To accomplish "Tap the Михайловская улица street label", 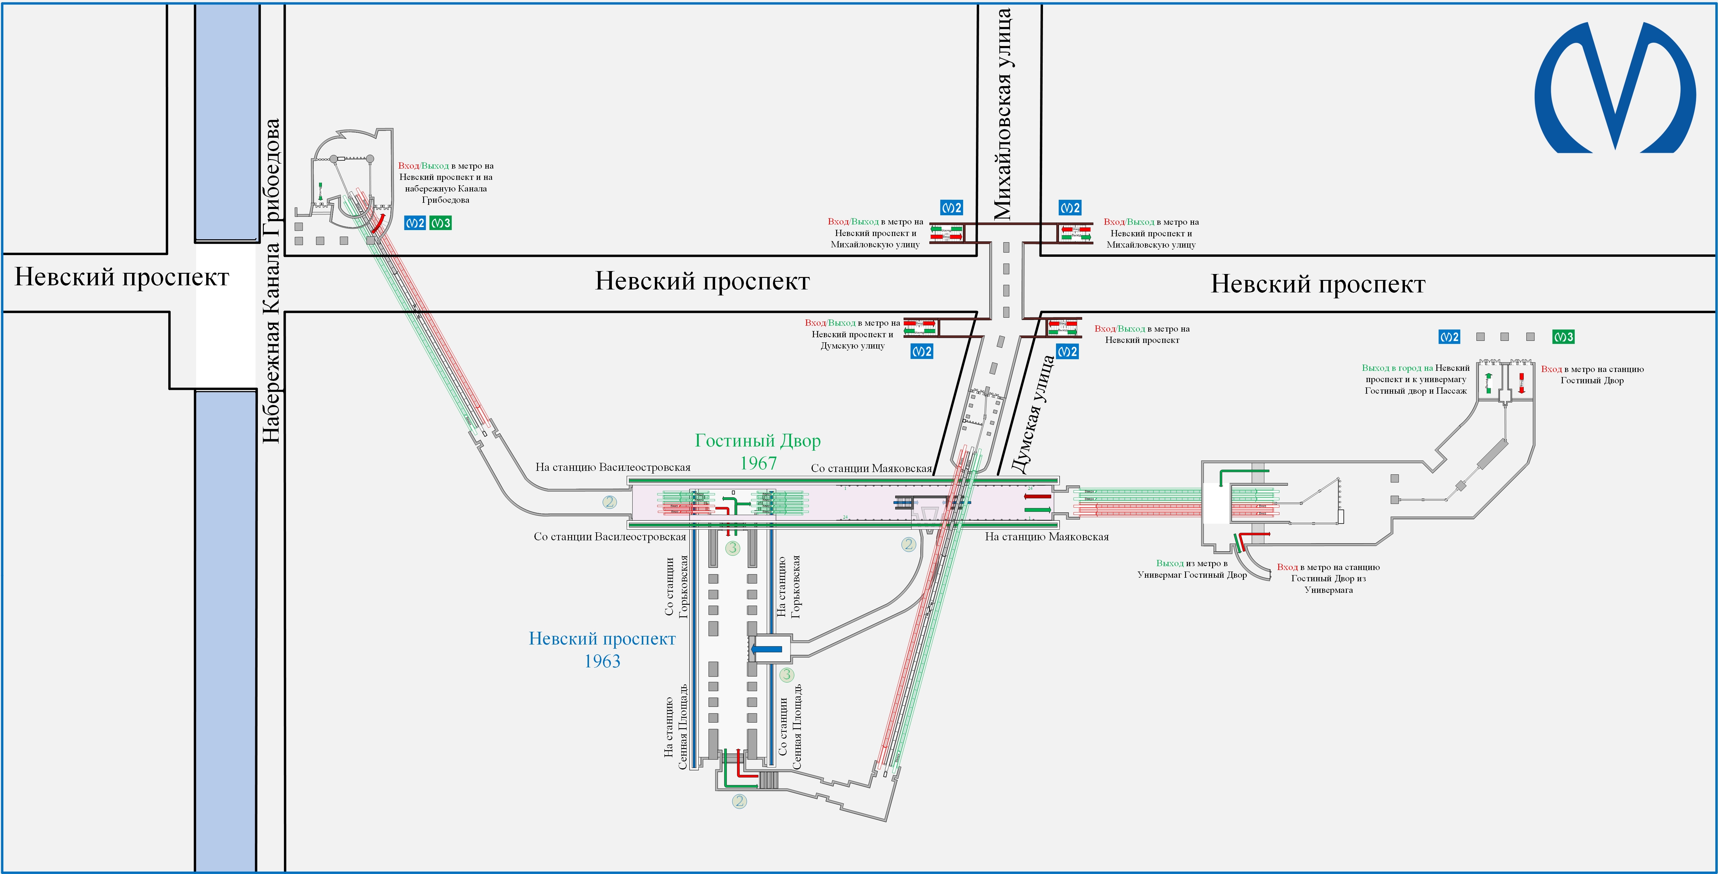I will pyautogui.click(x=1002, y=113).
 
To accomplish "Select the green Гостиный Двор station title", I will pyautogui.click(x=758, y=441).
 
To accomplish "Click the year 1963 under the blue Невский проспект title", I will pyautogui.click(x=602, y=661).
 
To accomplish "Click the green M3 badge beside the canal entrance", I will pyautogui.click(x=440, y=223).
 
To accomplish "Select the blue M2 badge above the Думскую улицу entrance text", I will pyautogui.click(x=922, y=351).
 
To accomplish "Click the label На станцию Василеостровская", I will pyautogui.click(x=612, y=467).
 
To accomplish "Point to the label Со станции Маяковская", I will pyautogui.click(x=871, y=468).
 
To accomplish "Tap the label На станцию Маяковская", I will pyautogui.click(x=1047, y=536).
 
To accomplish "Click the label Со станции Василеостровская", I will pyautogui.click(x=609, y=536).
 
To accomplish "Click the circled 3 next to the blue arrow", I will pyautogui.click(x=786, y=674).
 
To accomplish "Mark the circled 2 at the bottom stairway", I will pyautogui.click(x=739, y=801).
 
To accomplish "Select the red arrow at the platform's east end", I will pyautogui.click(x=1038, y=496).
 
